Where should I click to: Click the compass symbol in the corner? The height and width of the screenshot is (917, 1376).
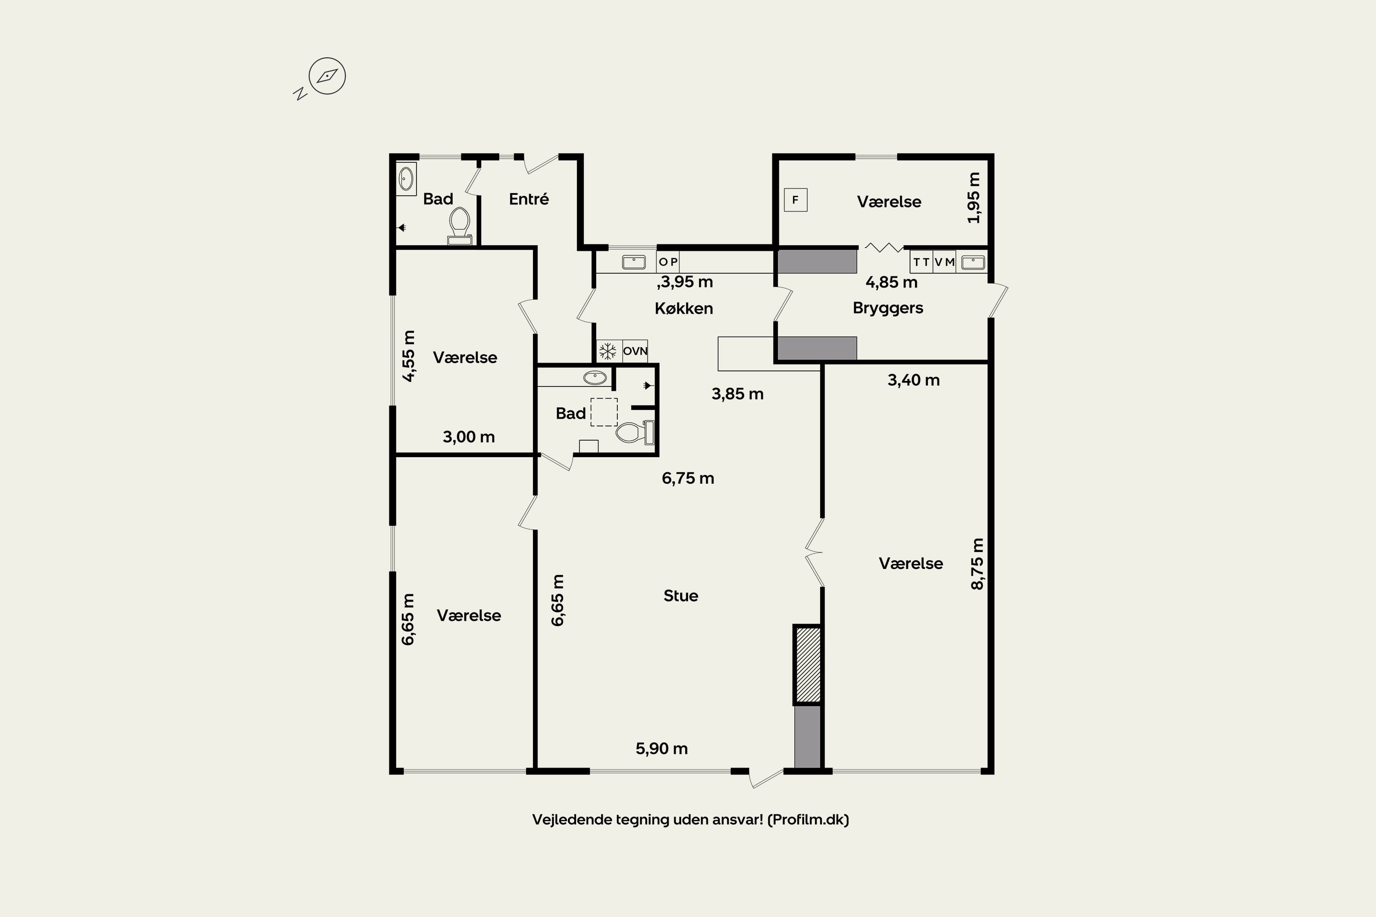point(327,76)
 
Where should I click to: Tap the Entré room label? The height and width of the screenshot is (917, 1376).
point(529,199)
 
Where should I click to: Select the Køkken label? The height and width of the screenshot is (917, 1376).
point(684,309)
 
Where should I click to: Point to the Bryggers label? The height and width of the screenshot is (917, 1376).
point(888,309)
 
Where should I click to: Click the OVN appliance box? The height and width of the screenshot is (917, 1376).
point(635,351)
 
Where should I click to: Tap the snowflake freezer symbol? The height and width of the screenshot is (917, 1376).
point(608,351)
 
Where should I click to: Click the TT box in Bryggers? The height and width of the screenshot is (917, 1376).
point(921,262)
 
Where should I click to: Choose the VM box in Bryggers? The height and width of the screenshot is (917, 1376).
point(944,262)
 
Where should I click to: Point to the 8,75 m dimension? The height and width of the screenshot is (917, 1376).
point(977,564)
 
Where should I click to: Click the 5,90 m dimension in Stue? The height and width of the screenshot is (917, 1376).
point(662,749)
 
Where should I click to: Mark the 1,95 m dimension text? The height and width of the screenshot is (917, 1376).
point(973,198)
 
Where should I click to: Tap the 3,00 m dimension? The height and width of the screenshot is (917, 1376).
point(469,437)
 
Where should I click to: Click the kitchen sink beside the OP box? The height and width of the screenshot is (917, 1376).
point(633,262)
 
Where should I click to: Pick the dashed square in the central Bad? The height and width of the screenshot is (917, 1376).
point(604,412)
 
